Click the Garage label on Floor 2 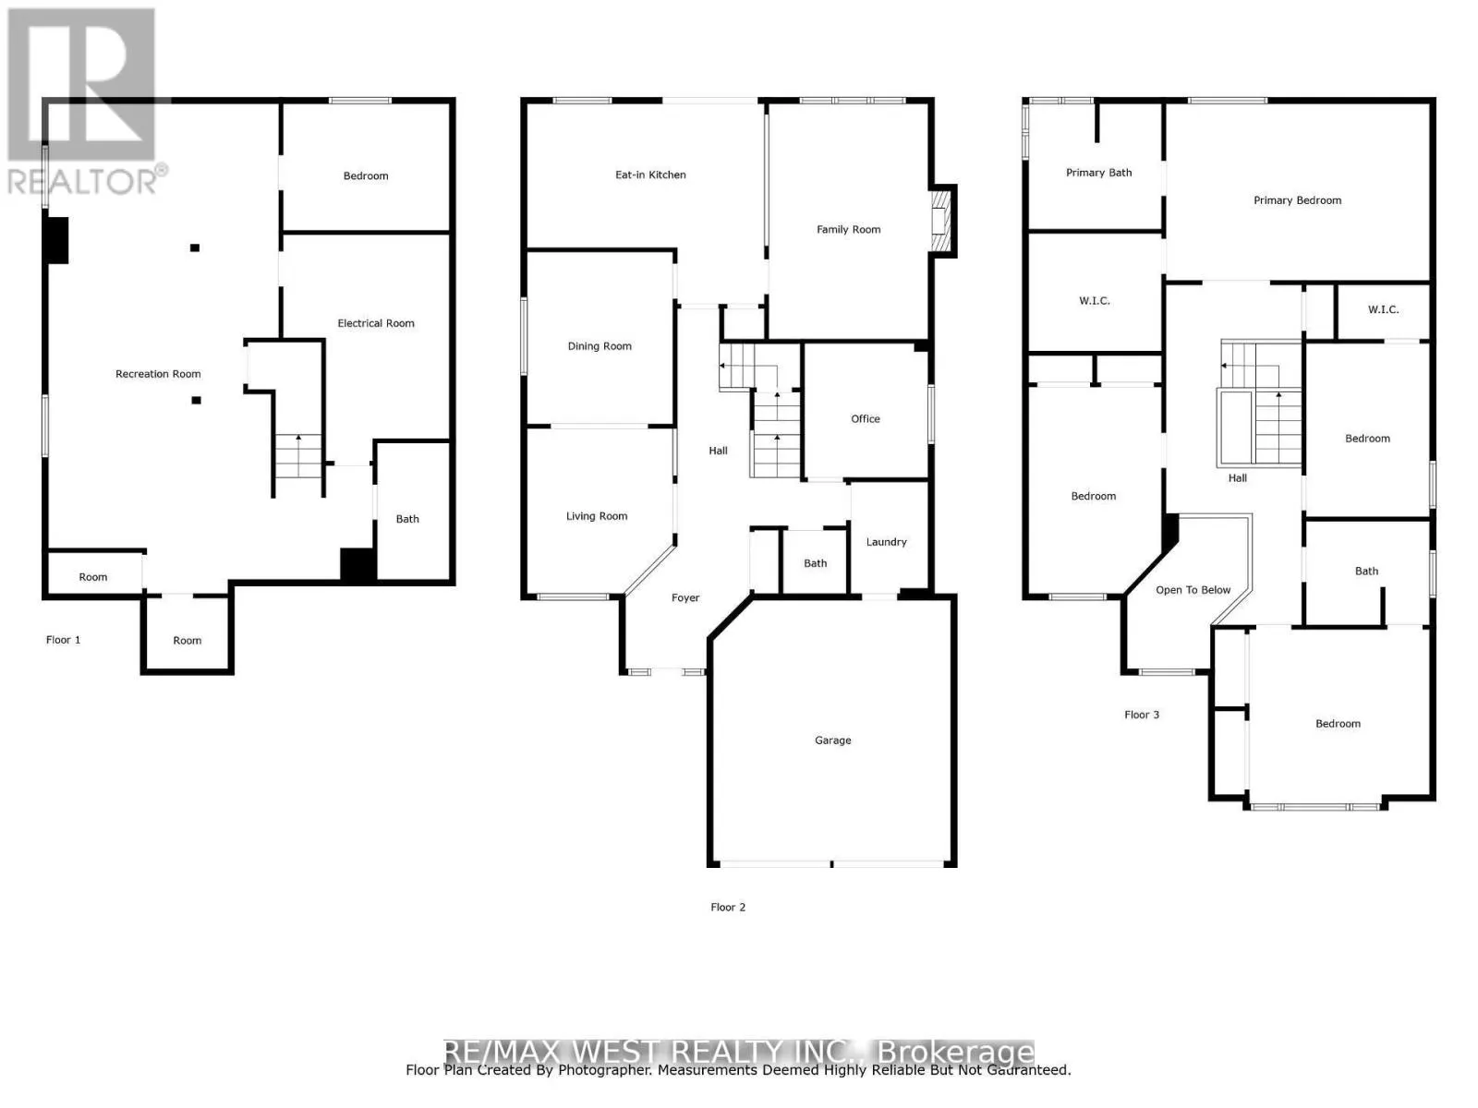coord(832,741)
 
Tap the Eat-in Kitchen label coord(650,175)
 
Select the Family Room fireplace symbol coord(940,219)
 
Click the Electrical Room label coord(376,323)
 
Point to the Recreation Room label coord(158,374)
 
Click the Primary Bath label coord(1098,173)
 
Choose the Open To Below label coord(1193,590)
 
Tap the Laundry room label coord(886,542)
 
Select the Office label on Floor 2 coord(866,419)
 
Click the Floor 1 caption coord(64,640)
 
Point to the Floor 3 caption coord(1142,715)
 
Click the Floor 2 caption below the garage coord(728,908)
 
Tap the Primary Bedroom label coord(1297,200)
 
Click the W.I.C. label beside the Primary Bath coord(1095,301)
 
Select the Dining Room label coord(600,346)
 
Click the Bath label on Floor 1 coord(407,519)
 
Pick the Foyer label coord(685,598)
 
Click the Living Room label coord(597,516)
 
